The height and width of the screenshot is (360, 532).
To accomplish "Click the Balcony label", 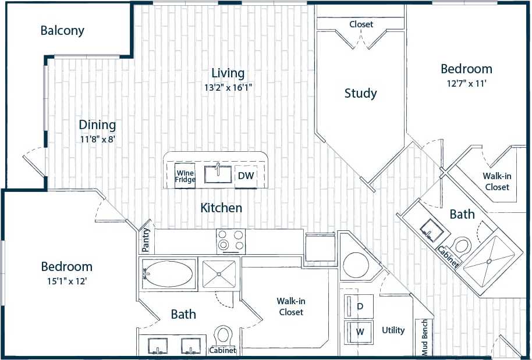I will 62,30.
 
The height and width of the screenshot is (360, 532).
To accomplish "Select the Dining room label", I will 97,124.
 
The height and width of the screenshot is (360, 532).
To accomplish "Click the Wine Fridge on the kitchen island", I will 185,175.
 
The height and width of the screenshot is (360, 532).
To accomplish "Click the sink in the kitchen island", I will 218,174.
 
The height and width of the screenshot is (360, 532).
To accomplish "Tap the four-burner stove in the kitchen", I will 231,241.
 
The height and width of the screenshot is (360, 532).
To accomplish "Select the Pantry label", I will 146,240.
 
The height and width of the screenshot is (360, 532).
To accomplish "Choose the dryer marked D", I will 360,306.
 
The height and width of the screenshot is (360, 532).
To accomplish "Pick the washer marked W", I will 360,332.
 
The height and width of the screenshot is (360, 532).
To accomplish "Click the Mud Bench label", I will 424,337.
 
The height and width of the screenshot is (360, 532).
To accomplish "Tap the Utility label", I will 393,330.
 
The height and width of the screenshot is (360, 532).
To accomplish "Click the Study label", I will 360,93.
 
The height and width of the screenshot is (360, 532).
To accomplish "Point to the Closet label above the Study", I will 361,24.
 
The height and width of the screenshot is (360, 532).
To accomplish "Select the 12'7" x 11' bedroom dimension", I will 466,83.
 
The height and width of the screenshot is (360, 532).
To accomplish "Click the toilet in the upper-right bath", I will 462,245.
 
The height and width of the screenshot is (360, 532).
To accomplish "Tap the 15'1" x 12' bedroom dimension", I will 66,281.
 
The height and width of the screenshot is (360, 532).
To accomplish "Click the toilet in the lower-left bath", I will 222,336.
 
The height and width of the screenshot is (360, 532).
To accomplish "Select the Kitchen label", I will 221,208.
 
